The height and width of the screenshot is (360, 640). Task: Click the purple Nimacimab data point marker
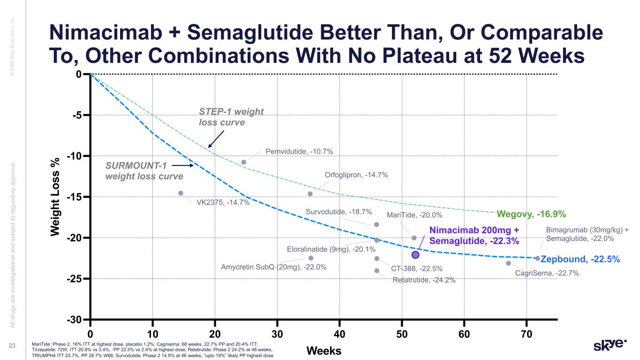pyautogui.click(x=415, y=255)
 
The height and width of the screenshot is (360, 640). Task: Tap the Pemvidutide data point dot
pyautogui.click(x=244, y=162)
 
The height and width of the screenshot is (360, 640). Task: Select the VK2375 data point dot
pyautogui.click(x=181, y=193)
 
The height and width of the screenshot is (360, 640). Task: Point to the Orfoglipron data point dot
pyautogui.click(x=310, y=194)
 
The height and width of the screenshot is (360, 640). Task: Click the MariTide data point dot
pyautogui.click(x=414, y=238)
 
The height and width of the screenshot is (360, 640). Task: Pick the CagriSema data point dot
pyautogui.click(x=508, y=263)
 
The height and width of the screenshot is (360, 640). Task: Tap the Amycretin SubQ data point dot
pyautogui.click(x=311, y=258)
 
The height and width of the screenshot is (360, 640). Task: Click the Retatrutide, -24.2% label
pyautogui.click(x=424, y=280)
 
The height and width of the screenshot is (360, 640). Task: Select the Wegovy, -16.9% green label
pyautogui.click(x=531, y=215)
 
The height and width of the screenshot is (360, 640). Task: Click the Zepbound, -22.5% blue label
pyautogui.click(x=580, y=259)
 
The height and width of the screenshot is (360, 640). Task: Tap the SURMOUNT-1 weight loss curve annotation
pyautogui.click(x=143, y=171)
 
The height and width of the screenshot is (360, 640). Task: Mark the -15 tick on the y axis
pyautogui.click(x=77, y=197)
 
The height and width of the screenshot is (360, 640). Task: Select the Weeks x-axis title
pyautogui.click(x=324, y=351)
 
